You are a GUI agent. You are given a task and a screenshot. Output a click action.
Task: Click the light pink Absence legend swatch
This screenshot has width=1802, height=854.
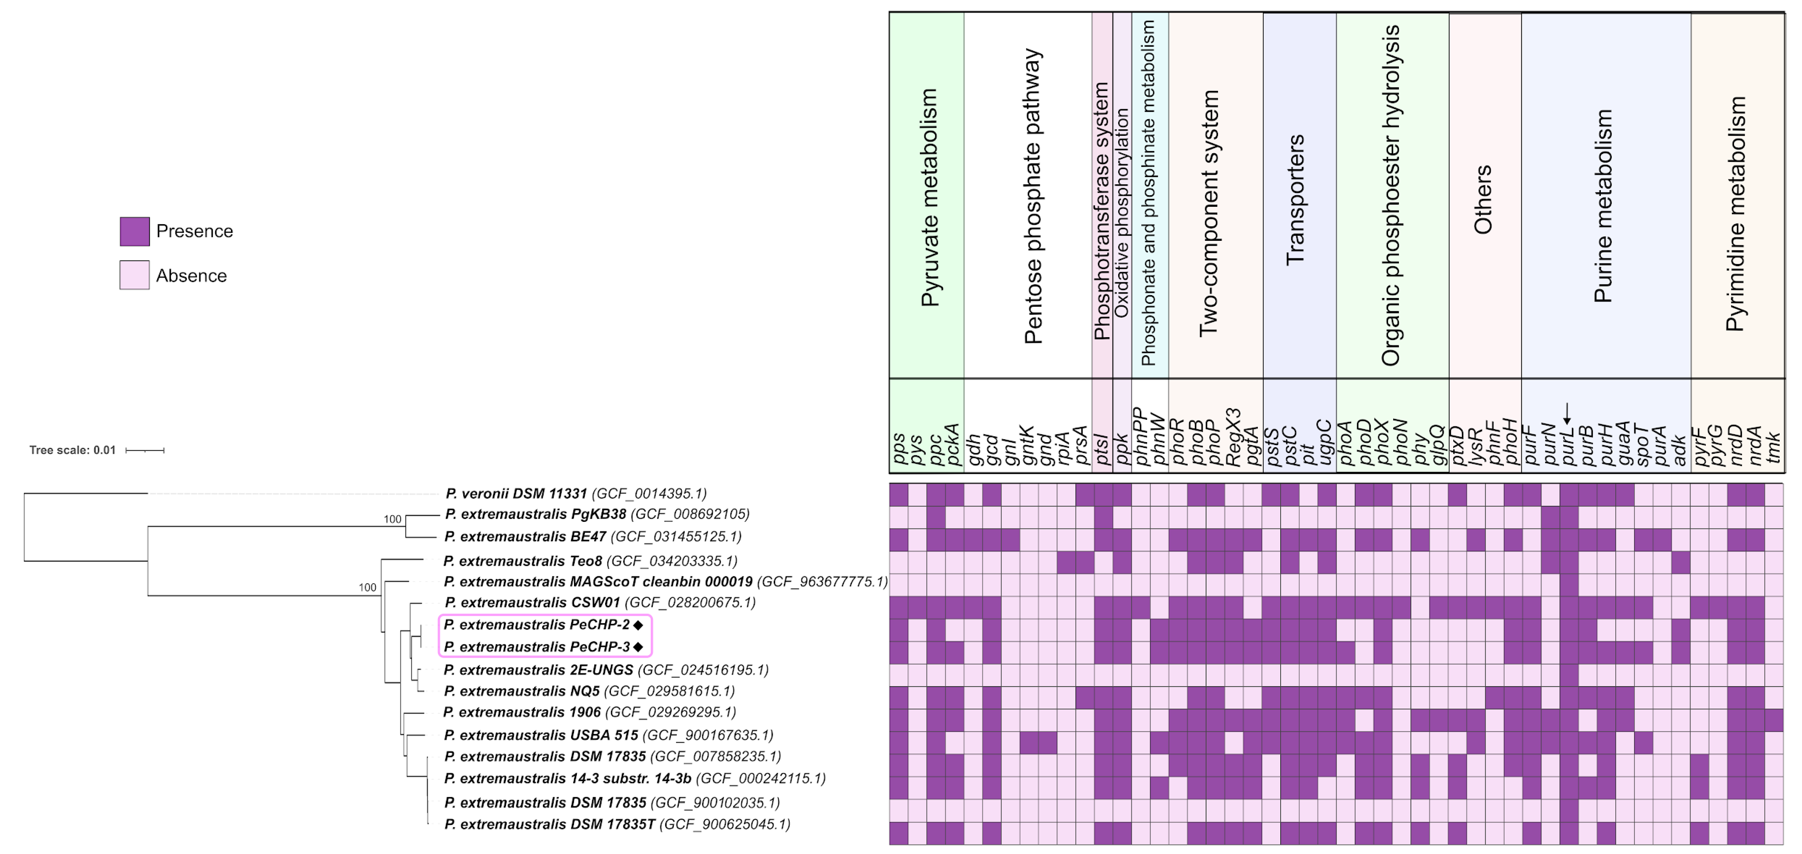pos(134,275)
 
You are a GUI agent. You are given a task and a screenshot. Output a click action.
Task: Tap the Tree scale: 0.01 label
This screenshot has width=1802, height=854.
pos(72,450)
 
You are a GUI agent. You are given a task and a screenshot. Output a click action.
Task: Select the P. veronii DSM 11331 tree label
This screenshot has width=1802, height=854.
pos(576,494)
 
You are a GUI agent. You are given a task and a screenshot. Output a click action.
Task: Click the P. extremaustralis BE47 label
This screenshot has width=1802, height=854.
pos(593,536)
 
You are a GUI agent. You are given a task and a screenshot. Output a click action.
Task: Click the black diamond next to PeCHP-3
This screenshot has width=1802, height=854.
pos(638,647)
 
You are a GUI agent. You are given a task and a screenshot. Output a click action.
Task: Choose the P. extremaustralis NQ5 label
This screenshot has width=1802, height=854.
pos(589,691)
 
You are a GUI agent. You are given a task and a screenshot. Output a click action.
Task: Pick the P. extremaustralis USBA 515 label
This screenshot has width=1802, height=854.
pos(608,735)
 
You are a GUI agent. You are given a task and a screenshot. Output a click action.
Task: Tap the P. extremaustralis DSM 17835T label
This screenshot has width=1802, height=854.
pos(617,824)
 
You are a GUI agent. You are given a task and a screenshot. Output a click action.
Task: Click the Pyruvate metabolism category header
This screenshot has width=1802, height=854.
pos(928,197)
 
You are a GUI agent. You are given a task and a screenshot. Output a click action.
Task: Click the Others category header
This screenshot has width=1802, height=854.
pos(1482,200)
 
